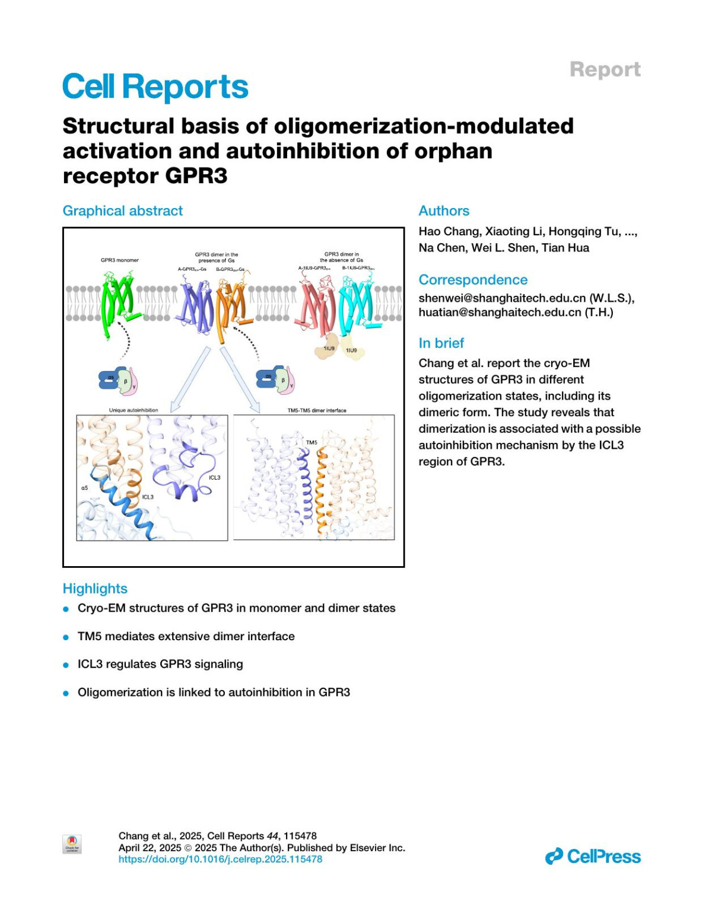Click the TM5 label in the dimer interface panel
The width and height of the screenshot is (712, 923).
(311, 442)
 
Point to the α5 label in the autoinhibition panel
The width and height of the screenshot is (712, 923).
(84, 488)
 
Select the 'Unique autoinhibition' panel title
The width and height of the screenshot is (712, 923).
(133, 410)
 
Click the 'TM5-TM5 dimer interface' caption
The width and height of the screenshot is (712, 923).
(317, 410)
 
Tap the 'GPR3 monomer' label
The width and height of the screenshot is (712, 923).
(119, 260)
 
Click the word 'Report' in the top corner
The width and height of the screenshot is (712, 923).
(605, 69)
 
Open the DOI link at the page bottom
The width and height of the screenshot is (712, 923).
(220, 859)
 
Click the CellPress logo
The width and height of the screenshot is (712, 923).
(593, 857)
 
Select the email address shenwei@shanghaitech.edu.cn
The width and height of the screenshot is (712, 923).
(502, 298)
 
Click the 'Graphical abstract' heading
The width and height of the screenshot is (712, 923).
(123, 211)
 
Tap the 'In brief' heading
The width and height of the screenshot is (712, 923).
(441, 343)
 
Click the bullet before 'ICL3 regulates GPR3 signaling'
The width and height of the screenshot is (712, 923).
(66, 665)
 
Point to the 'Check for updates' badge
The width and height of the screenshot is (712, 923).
(72, 844)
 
